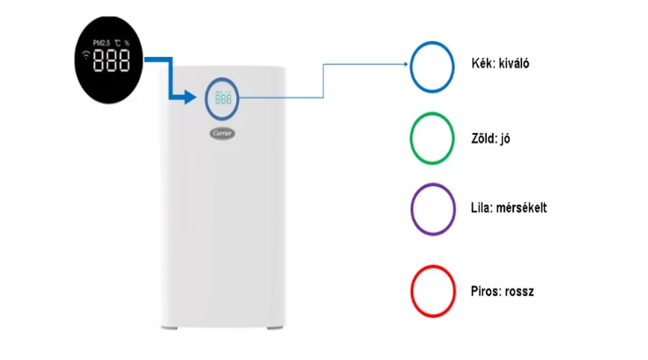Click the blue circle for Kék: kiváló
(x=411, y=67)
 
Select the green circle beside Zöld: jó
(x=411, y=138)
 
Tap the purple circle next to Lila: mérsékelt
(x=412, y=209)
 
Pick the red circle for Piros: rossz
(x=412, y=292)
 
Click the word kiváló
(x=514, y=63)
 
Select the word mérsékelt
(x=521, y=207)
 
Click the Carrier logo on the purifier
(x=222, y=133)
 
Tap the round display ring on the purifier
(x=206, y=99)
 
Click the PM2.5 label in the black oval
(x=102, y=42)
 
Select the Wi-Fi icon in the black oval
(x=86, y=55)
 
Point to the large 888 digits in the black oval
(x=111, y=60)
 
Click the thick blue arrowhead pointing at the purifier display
(x=189, y=97)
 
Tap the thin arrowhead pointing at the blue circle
(x=406, y=64)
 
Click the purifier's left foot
(x=169, y=328)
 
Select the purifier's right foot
(x=275, y=328)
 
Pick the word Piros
(x=485, y=292)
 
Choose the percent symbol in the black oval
(x=127, y=43)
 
